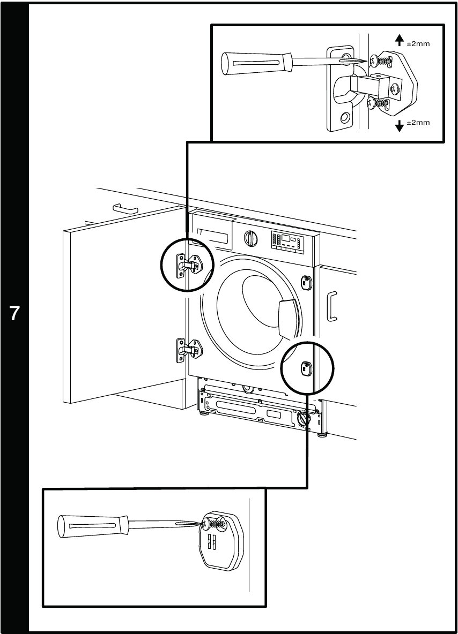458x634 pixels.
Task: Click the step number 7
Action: click(x=15, y=313)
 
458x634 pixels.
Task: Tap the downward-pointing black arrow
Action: click(x=399, y=126)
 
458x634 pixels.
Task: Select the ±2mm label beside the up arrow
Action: click(x=419, y=43)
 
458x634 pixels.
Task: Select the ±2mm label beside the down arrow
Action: click(x=419, y=123)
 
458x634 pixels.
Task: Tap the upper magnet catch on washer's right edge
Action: click(x=307, y=282)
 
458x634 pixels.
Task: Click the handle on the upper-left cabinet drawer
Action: click(x=125, y=208)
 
